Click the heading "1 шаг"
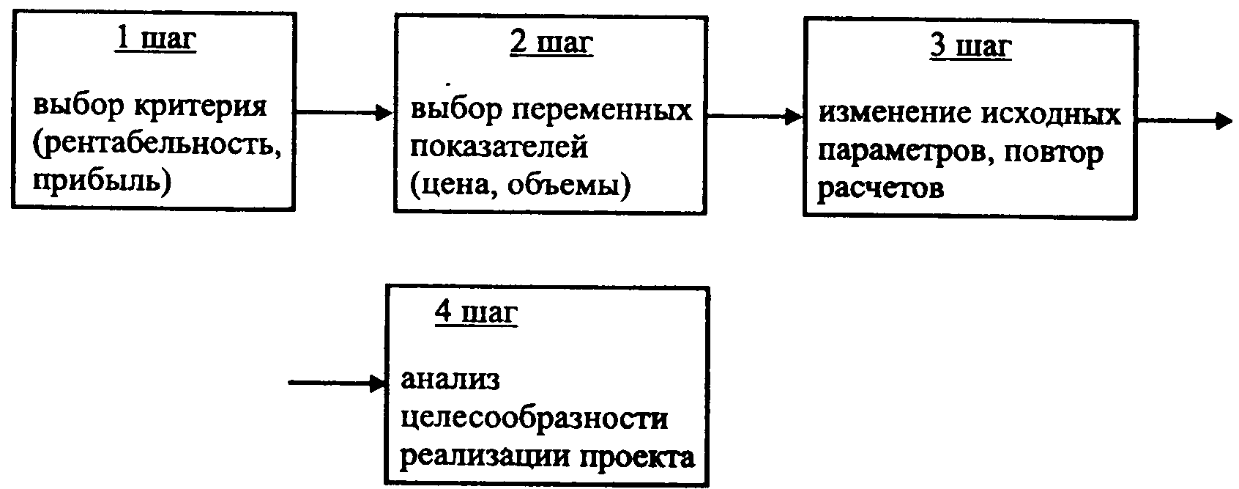[155, 40]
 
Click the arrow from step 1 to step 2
[344, 112]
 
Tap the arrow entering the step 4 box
[337, 383]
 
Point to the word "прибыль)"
[102, 180]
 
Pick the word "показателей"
[499, 147]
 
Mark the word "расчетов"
[880, 188]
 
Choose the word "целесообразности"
[534, 419]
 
